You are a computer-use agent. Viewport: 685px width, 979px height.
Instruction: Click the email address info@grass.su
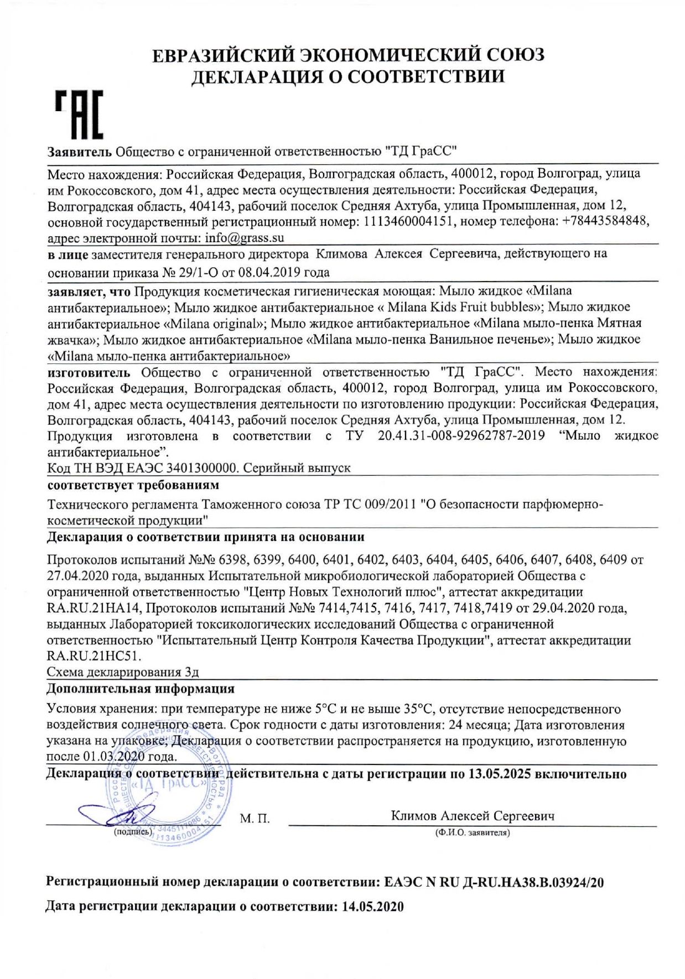tap(244, 238)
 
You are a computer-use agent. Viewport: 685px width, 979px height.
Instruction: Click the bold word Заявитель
tap(80, 150)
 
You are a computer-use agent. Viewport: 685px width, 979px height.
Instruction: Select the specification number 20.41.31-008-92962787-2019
tap(461, 436)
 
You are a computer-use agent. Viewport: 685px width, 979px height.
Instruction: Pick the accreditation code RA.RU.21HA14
tap(96, 608)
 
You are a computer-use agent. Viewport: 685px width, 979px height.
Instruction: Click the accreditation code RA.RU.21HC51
tap(94, 657)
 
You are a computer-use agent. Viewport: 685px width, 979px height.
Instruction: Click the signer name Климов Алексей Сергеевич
tap(473, 815)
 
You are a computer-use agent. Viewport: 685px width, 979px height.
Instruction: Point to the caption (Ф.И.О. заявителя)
tap(473, 832)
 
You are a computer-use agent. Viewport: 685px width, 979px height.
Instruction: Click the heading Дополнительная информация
tap(141, 689)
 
